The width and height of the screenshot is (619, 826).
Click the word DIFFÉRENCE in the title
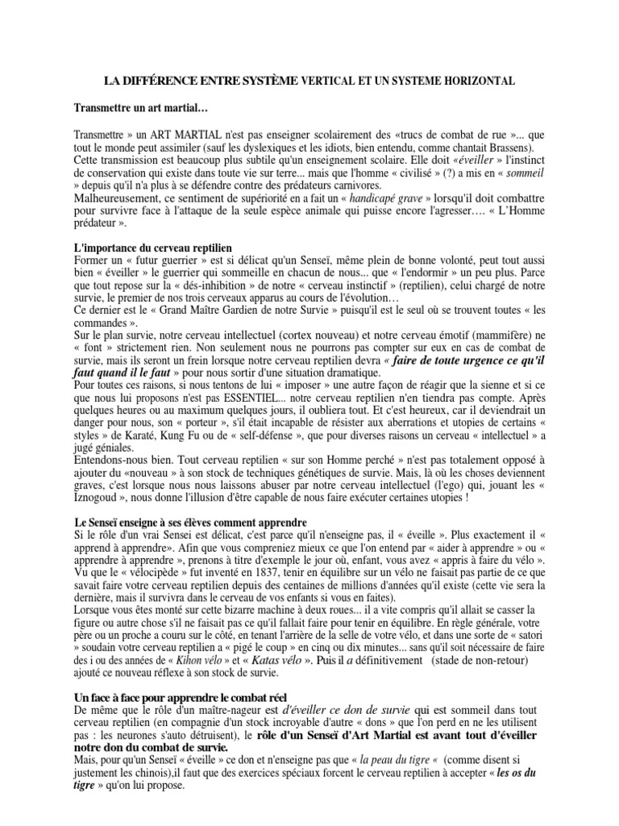pos(160,81)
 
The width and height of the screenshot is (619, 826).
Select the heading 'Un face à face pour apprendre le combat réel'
pos(181,696)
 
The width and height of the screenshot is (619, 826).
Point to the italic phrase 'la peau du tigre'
pos(393,760)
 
